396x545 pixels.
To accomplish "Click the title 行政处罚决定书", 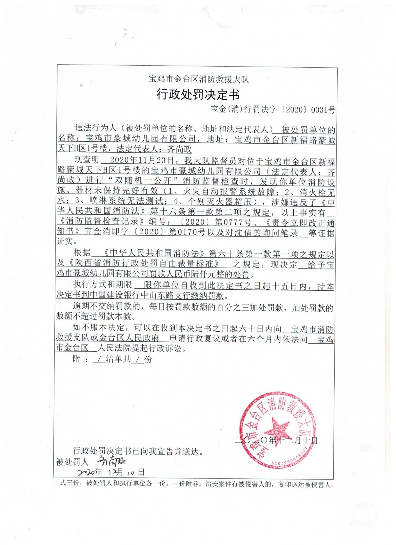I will pos(198,94).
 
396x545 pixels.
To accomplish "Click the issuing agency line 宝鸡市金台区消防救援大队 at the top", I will pos(199,79).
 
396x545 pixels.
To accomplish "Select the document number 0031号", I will pos(323,110).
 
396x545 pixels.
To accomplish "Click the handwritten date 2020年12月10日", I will pos(111,472).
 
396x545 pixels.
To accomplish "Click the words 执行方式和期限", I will pos(102,284).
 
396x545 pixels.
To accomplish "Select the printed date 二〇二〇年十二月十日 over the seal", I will pos(276,440).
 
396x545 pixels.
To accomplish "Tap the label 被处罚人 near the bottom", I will pos(72,462).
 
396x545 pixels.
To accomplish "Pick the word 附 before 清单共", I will pos(76,359).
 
